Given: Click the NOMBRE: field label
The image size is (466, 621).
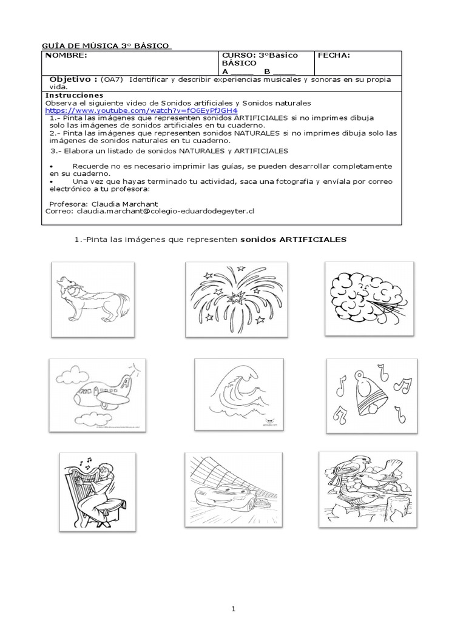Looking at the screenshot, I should pos(66,56).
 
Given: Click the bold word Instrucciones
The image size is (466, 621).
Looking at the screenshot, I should pos(75,95).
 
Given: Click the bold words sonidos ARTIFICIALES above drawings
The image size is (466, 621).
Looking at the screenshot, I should pos(293,240).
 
